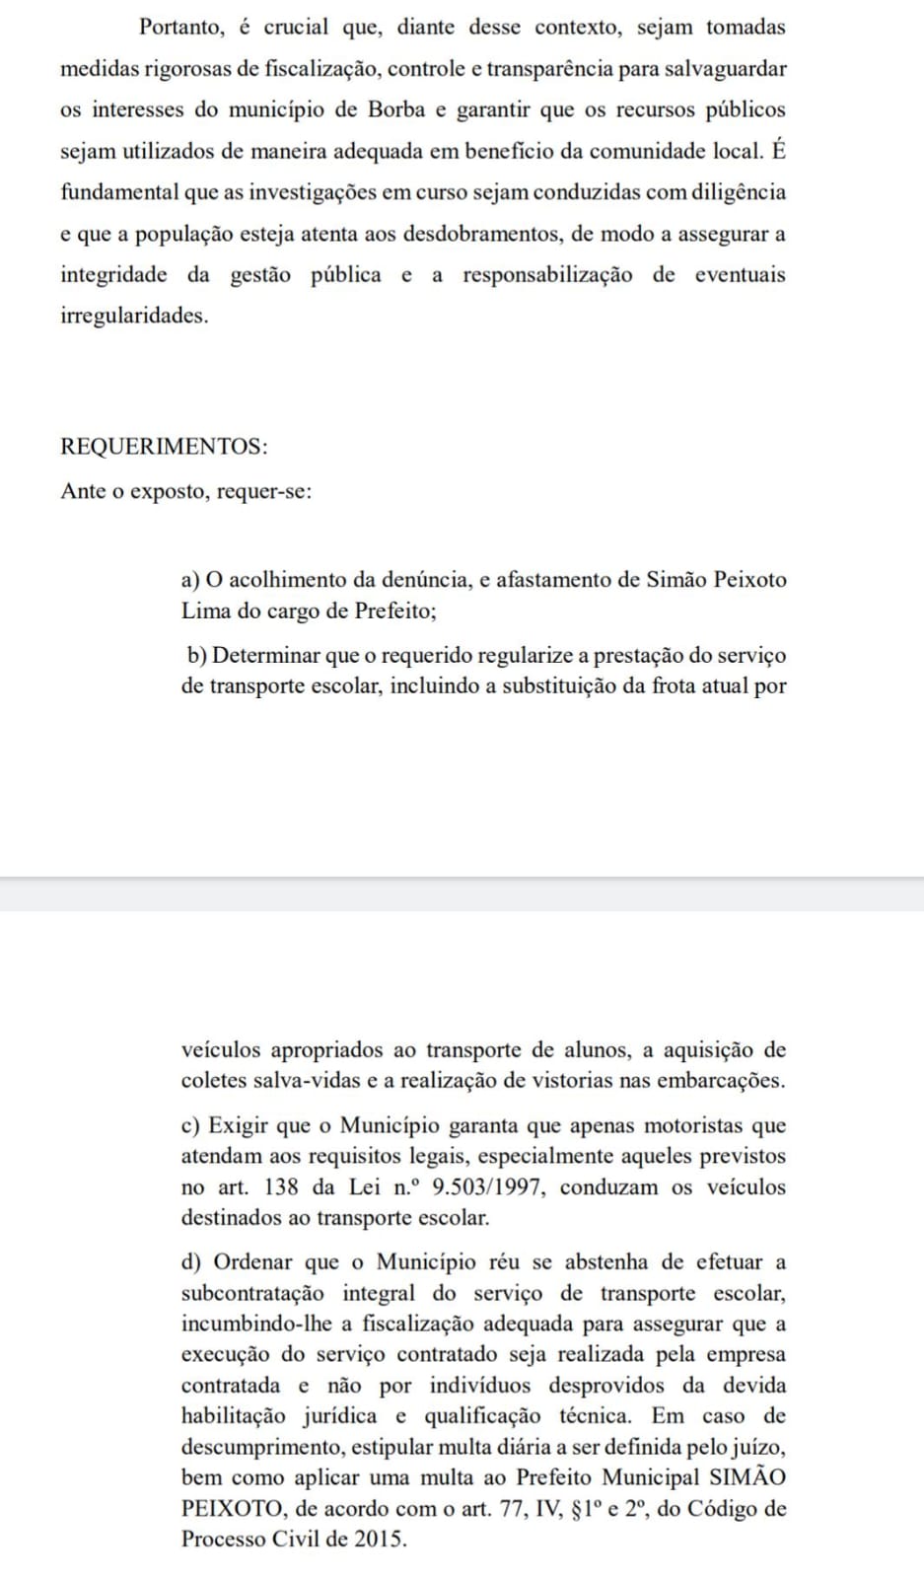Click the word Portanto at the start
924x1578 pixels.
(181, 28)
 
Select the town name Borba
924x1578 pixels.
(396, 109)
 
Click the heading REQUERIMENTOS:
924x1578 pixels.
(164, 446)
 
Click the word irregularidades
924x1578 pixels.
(134, 317)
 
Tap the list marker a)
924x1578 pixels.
(191, 580)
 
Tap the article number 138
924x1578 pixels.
(282, 1187)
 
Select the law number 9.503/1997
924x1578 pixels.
(489, 1187)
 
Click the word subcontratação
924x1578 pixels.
(252, 1293)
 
